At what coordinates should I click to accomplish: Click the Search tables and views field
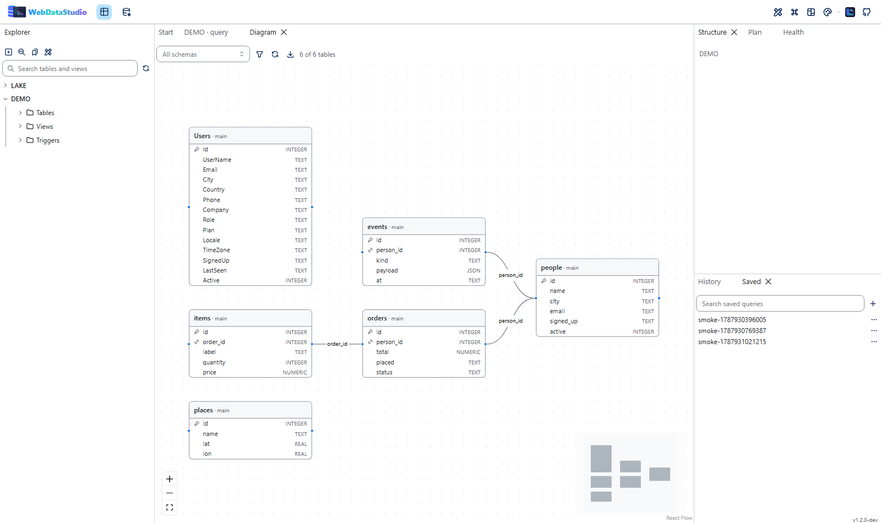tap(70, 68)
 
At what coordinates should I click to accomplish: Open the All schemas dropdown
tap(203, 55)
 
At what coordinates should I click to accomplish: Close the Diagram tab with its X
tap(284, 32)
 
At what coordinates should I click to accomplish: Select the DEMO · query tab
tap(206, 32)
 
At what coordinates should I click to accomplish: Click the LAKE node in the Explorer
tap(19, 85)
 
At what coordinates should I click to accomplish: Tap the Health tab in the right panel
tap(793, 32)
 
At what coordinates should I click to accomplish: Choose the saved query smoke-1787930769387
tap(732, 331)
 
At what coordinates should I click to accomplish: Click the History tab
tap(709, 281)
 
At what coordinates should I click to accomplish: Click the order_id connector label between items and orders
tap(337, 344)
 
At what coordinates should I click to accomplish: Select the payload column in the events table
tap(387, 270)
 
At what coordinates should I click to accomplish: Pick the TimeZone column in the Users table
tap(216, 250)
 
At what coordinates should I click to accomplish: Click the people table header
tap(597, 268)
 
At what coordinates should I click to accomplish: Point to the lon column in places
tap(207, 454)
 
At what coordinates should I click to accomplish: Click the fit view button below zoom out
tap(170, 507)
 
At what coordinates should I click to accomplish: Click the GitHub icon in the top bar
tap(867, 12)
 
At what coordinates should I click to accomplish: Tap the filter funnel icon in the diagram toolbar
tap(259, 55)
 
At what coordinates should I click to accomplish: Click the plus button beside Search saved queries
tap(873, 303)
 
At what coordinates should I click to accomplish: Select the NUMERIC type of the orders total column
tap(468, 352)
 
